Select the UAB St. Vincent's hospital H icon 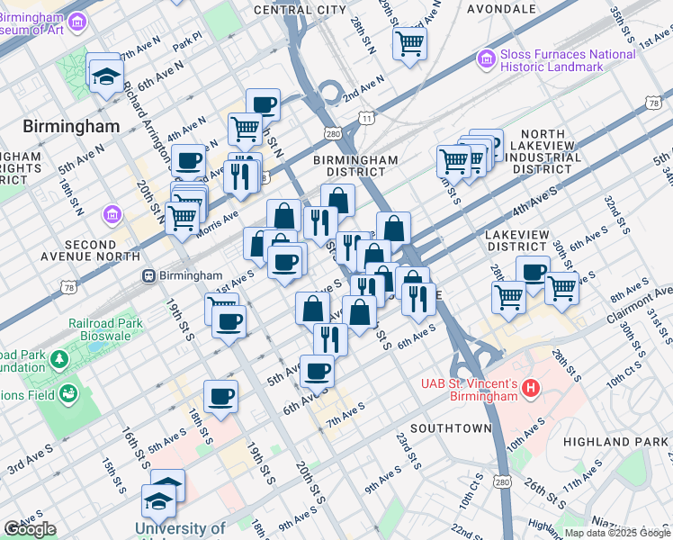[x=531, y=390]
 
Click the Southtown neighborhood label [x=451, y=427]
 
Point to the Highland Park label [x=616, y=442]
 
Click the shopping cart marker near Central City [x=409, y=42]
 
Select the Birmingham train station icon [x=148, y=276]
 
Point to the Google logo [x=30, y=529]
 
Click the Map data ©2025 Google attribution [x=617, y=533]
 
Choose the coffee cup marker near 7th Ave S [x=317, y=370]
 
